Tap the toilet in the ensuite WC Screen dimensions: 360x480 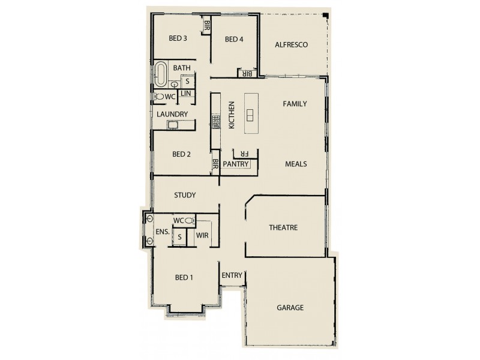[188, 221]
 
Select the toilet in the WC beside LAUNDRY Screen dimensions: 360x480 [159, 96]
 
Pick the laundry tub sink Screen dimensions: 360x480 [173, 124]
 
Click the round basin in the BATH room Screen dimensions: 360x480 [174, 85]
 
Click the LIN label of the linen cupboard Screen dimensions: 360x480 [186, 94]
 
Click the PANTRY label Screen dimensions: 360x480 [235, 164]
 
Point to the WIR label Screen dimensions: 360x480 [203, 235]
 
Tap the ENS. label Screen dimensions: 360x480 [163, 232]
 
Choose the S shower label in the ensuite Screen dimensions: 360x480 [179, 237]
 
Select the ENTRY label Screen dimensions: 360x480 [232, 275]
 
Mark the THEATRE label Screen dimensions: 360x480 [283, 227]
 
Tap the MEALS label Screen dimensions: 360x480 [296, 163]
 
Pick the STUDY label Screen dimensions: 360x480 [185, 195]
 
